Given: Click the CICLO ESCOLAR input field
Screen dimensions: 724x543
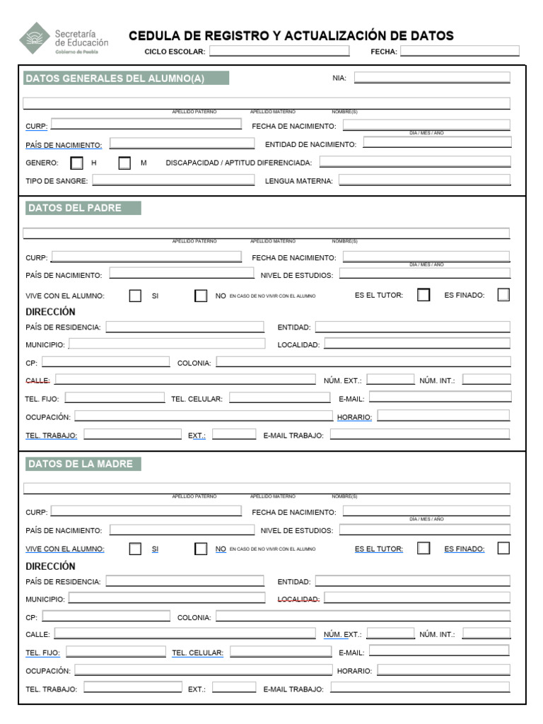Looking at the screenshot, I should point(279,51).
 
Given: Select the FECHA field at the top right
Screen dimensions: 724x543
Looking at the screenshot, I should point(460,51).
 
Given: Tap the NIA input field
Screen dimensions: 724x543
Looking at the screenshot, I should point(431,78).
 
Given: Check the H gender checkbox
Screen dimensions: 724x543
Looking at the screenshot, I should point(77,163).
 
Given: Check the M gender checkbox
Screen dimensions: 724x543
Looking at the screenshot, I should point(124,163).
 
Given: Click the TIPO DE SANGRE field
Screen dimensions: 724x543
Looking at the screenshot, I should point(173,180).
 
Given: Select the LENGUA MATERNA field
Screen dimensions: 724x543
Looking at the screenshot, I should point(424,180).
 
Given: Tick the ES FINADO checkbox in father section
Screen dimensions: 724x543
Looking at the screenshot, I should point(503,296).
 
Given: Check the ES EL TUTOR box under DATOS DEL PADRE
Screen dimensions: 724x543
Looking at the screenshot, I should point(424,296).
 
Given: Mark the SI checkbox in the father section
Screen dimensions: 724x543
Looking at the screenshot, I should point(135,296).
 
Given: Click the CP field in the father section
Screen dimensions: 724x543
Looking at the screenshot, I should point(105,362).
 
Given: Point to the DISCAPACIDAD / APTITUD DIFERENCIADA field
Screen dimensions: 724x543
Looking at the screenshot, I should point(414,162).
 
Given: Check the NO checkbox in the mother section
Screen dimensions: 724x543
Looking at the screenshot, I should point(202,549).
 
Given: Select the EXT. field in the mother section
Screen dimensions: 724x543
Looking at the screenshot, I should point(234,687).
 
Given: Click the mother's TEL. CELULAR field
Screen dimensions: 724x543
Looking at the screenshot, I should point(279,652).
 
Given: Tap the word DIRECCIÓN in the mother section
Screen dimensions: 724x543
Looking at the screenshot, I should point(50,566).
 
